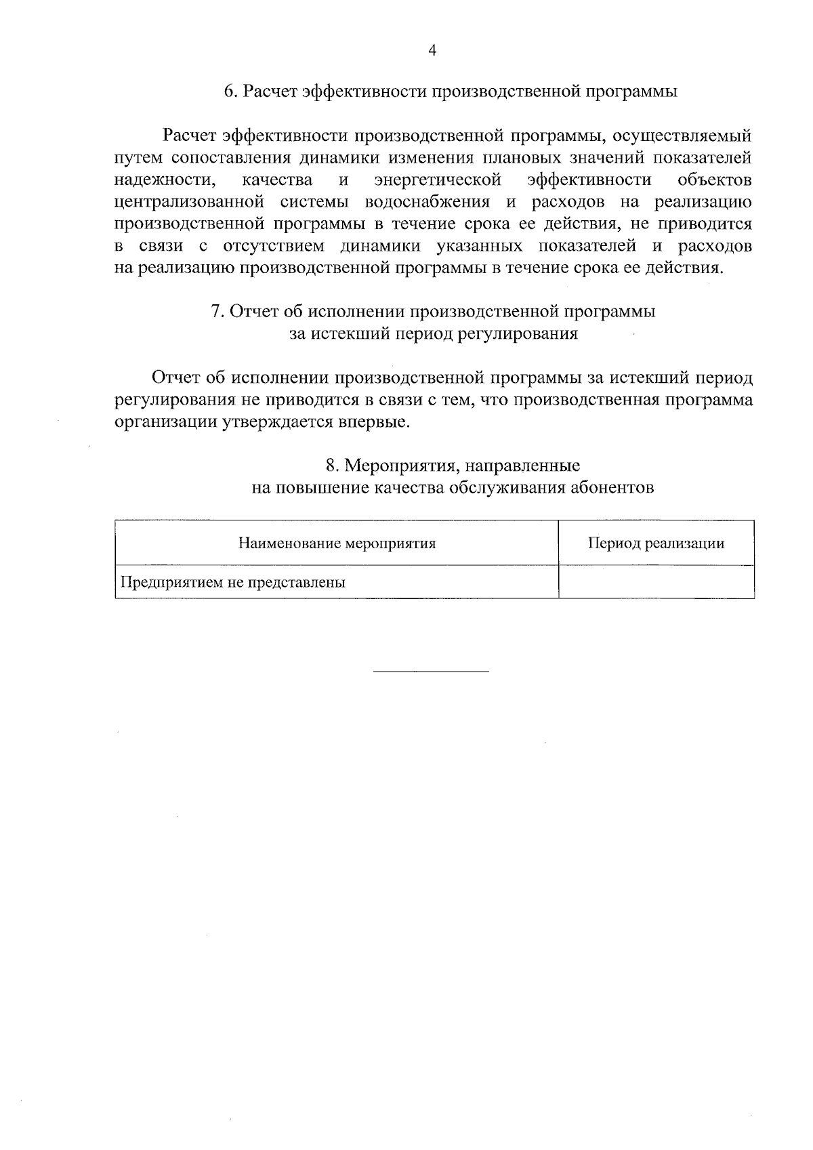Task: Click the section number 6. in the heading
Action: [x=230, y=91]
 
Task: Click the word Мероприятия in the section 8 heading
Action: [x=395, y=466]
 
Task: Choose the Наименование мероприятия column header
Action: [x=337, y=543]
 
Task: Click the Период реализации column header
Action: [x=656, y=543]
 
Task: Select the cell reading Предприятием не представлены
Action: [x=233, y=583]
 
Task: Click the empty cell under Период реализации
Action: [x=656, y=582]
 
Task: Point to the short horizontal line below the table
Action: [x=431, y=672]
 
